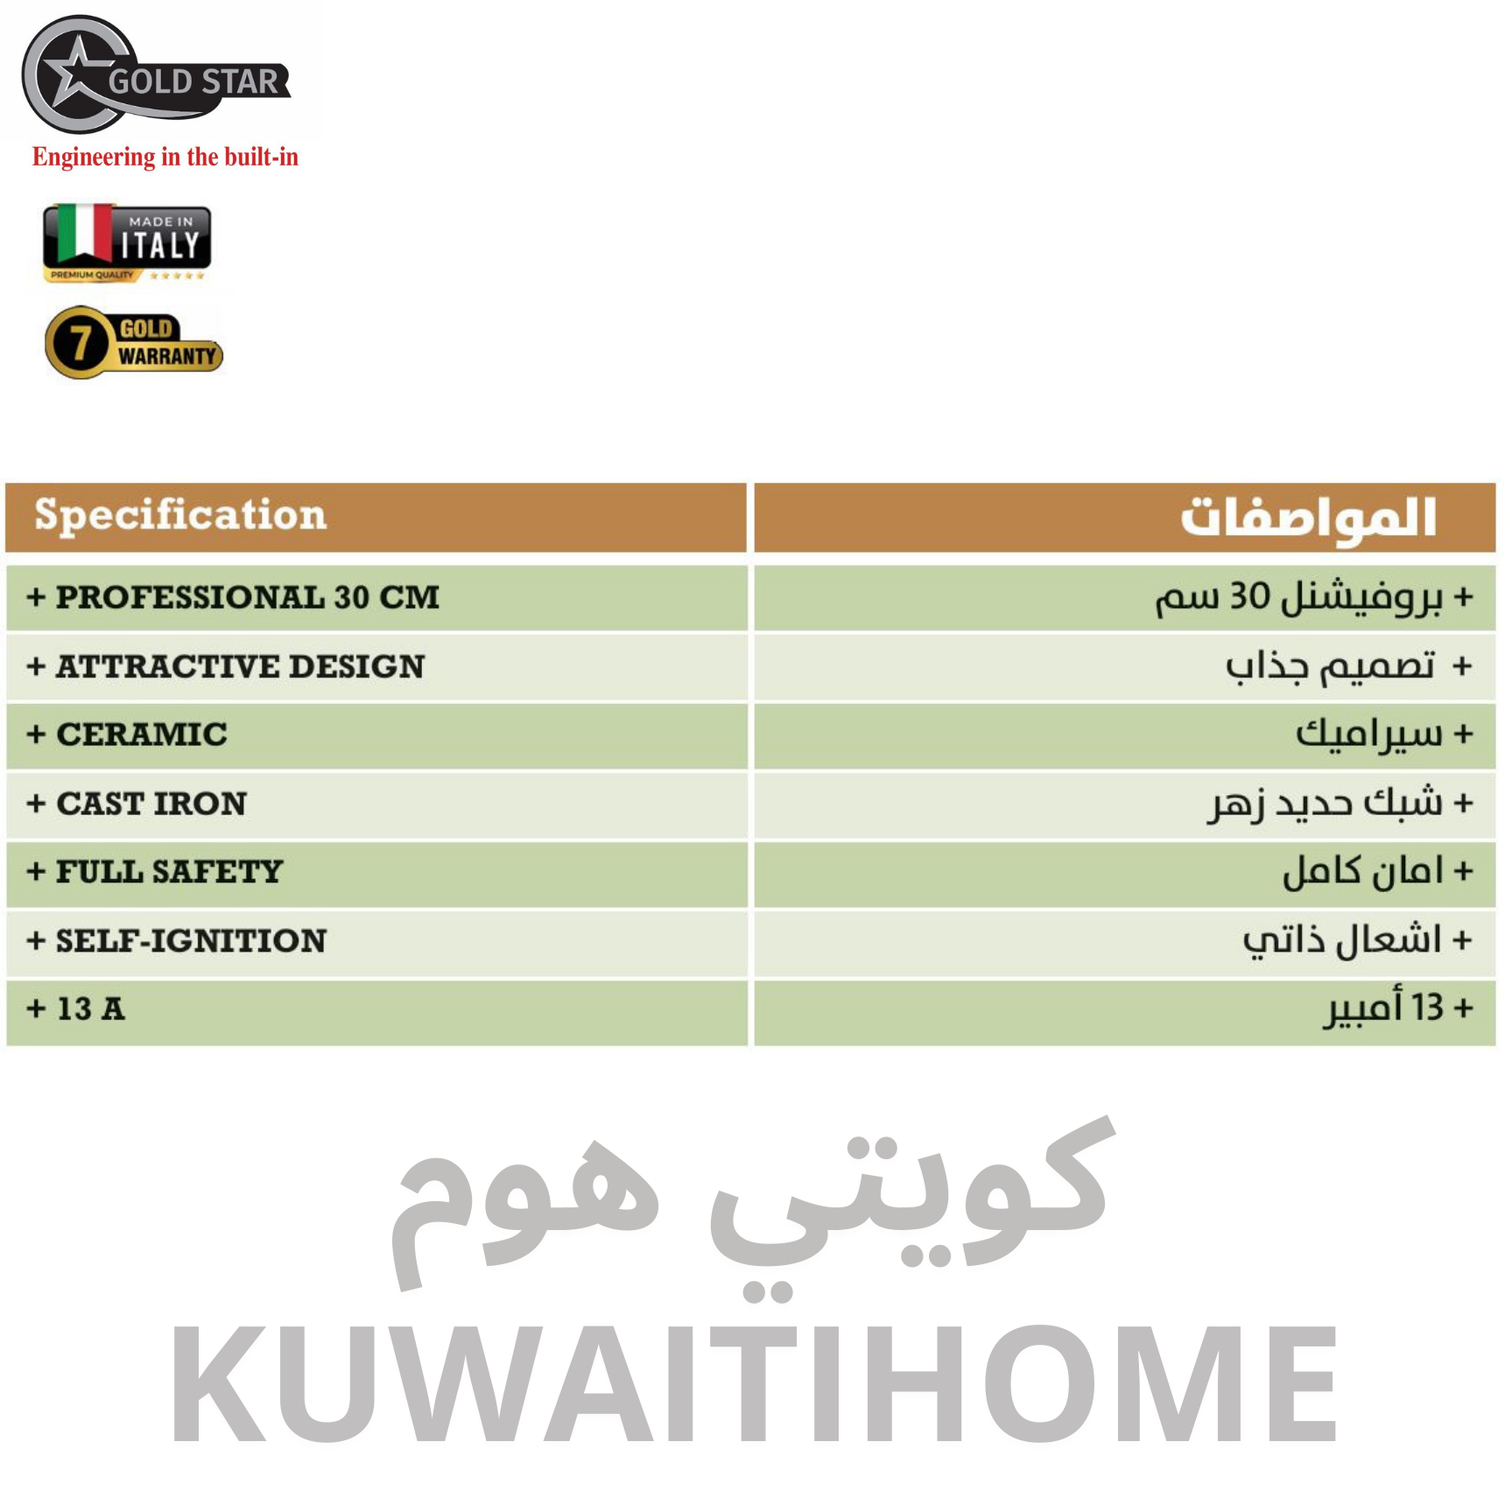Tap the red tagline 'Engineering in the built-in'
click(165, 157)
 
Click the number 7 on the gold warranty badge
click(81, 342)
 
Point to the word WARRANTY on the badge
click(167, 356)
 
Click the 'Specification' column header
click(180, 516)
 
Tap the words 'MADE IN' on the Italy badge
click(161, 222)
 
